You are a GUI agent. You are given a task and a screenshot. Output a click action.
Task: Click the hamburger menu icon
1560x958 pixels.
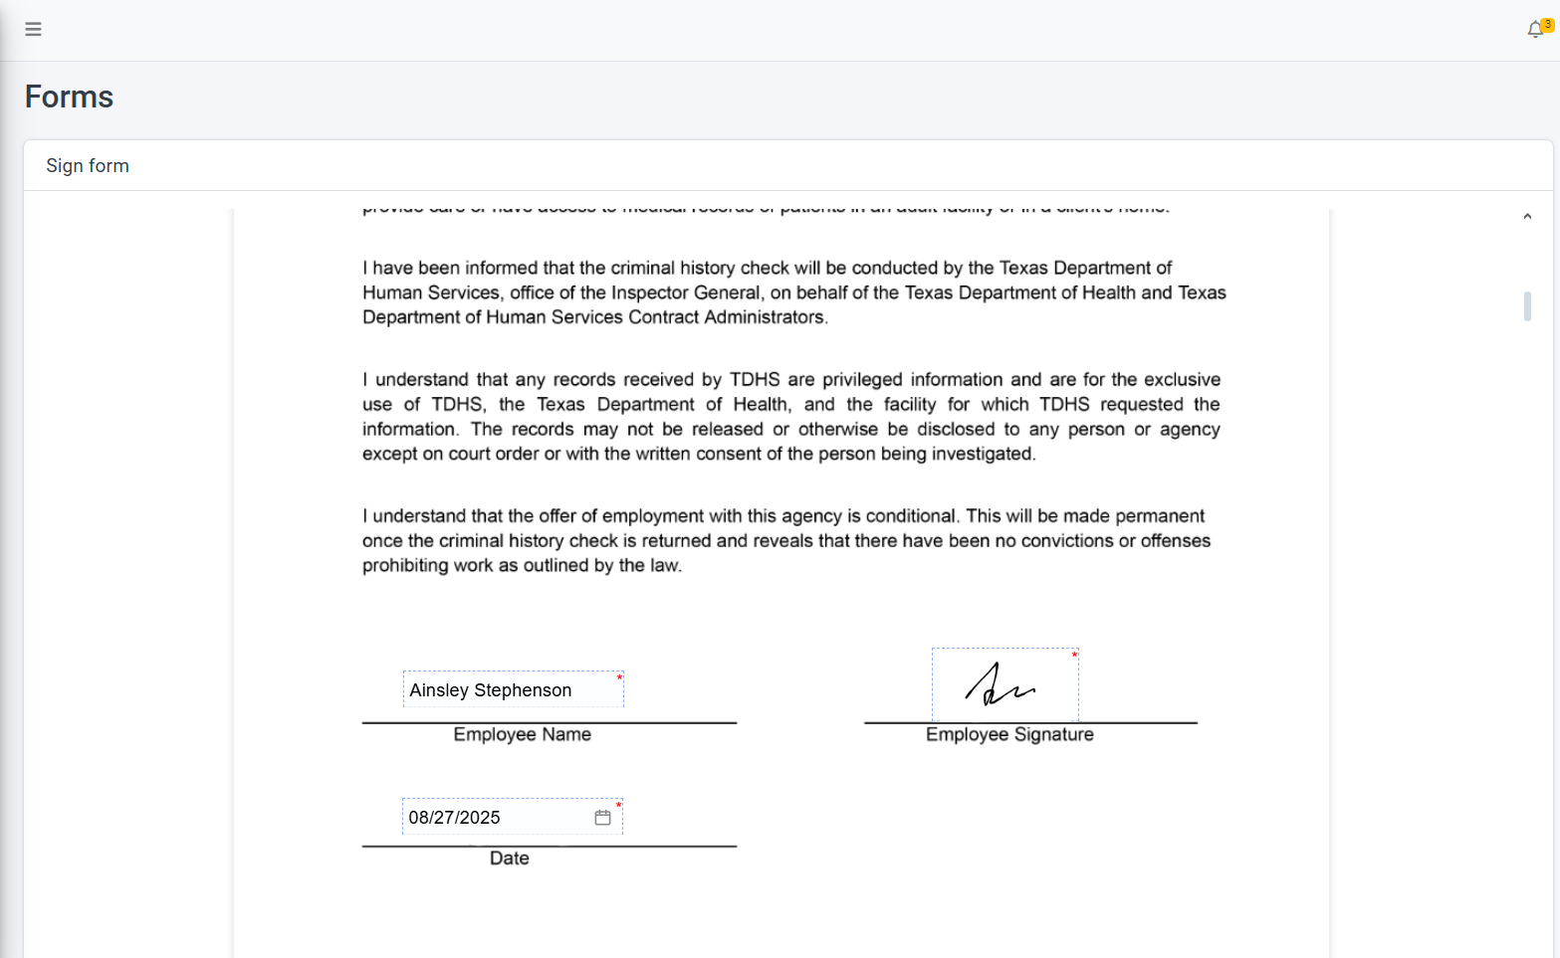tap(33, 29)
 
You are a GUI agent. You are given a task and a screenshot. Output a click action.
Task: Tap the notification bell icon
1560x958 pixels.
tap(1535, 30)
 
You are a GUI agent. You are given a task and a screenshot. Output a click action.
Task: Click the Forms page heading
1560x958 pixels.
tap(69, 96)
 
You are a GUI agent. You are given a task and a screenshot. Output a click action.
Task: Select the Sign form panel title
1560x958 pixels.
tap(88, 166)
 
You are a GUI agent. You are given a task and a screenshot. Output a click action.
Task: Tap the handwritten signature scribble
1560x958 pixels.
tap(999, 685)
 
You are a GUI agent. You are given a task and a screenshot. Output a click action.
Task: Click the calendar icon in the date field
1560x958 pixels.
tap(602, 818)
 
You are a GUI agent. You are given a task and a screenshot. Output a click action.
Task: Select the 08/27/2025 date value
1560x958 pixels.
tap(454, 818)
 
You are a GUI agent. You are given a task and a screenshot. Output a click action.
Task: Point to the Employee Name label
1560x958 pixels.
tap(522, 735)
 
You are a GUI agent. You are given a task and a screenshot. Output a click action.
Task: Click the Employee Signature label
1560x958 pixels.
tap(1009, 735)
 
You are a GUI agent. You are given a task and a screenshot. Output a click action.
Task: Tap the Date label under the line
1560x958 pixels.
tap(509, 859)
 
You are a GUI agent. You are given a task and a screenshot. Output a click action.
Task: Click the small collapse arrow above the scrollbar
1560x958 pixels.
tap(1527, 217)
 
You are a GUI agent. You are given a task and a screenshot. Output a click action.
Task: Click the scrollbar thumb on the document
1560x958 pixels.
tap(1527, 306)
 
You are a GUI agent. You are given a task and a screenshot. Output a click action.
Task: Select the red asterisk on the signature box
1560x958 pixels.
tap(1074, 655)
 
